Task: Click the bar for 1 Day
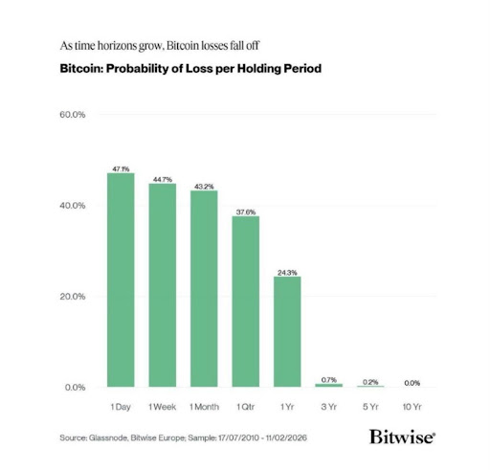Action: click(121, 280)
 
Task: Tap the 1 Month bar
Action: click(204, 288)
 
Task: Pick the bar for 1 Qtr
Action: click(246, 302)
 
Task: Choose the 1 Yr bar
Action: click(287, 331)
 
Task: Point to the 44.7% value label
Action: click(163, 178)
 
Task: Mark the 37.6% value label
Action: click(246, 211)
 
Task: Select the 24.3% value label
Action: click(287, 272)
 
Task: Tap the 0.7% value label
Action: click(329, 379)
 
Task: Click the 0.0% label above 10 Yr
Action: click(412, 382)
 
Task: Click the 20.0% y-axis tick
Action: click(73, 297)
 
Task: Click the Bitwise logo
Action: click(402, 436)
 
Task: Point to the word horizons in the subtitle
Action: click(121, 45)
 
